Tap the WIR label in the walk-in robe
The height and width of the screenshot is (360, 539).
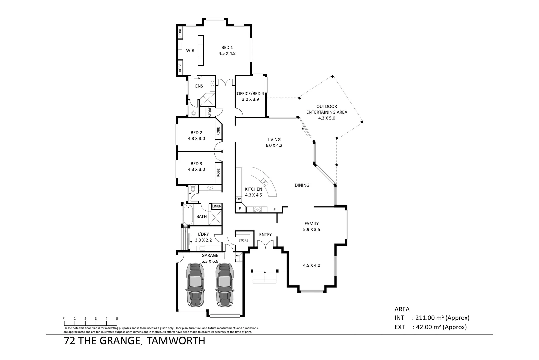pos(190,51)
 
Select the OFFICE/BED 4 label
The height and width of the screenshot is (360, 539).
pos(250,94)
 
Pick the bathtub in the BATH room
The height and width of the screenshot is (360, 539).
pos(188,215)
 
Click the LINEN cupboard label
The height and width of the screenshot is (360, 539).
pos(217,206)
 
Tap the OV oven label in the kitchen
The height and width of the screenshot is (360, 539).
pos(238,199)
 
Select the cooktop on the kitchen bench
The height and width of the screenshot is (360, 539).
pos(258,209)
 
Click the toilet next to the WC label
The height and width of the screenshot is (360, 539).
pos(193,189)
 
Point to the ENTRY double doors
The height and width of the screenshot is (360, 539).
pos(266,245)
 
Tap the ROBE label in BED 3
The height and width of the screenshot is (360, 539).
pos(218,172)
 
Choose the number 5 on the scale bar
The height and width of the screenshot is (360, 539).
pos(117,319)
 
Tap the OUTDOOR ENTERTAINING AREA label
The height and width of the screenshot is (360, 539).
pos(327,109)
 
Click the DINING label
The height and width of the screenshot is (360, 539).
pos(302,185)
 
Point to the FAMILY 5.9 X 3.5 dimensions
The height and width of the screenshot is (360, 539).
pos(311,230)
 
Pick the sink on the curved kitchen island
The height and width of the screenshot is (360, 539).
pos(265,182)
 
